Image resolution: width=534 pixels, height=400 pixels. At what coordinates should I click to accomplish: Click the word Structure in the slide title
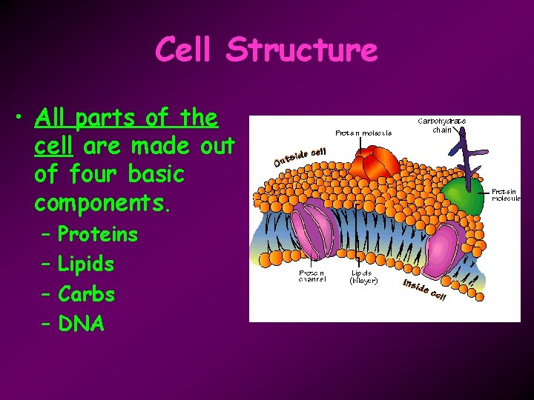tap(302, 50)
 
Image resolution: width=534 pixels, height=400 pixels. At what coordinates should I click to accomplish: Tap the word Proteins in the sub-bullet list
tap(98, 235)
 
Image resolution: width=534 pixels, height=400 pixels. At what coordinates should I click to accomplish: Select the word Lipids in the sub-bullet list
tap(86, 264)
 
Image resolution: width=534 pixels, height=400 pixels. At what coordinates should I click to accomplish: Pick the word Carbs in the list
tap(86, 294)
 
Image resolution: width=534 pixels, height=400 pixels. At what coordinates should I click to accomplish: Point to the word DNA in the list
tap(81, 324)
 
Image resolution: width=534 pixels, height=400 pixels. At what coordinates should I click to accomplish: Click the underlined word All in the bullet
tap(50, 118)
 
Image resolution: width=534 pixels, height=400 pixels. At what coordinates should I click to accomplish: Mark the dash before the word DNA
tap(45, 324)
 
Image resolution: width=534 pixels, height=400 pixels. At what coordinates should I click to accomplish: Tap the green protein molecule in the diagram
tap(464, 197)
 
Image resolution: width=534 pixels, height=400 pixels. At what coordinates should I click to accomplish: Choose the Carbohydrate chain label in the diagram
tap(442, 125)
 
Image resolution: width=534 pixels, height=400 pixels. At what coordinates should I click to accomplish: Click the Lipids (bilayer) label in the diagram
tap(363, 276)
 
